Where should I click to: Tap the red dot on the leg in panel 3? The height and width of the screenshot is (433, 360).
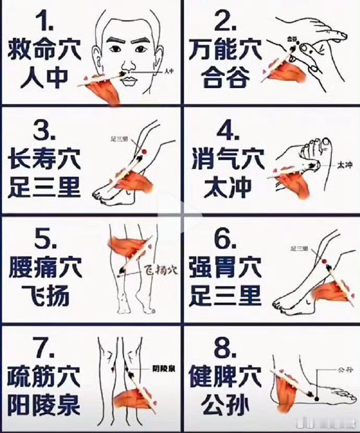(144, 151)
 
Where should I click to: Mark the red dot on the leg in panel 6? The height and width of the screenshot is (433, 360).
(324, 261)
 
